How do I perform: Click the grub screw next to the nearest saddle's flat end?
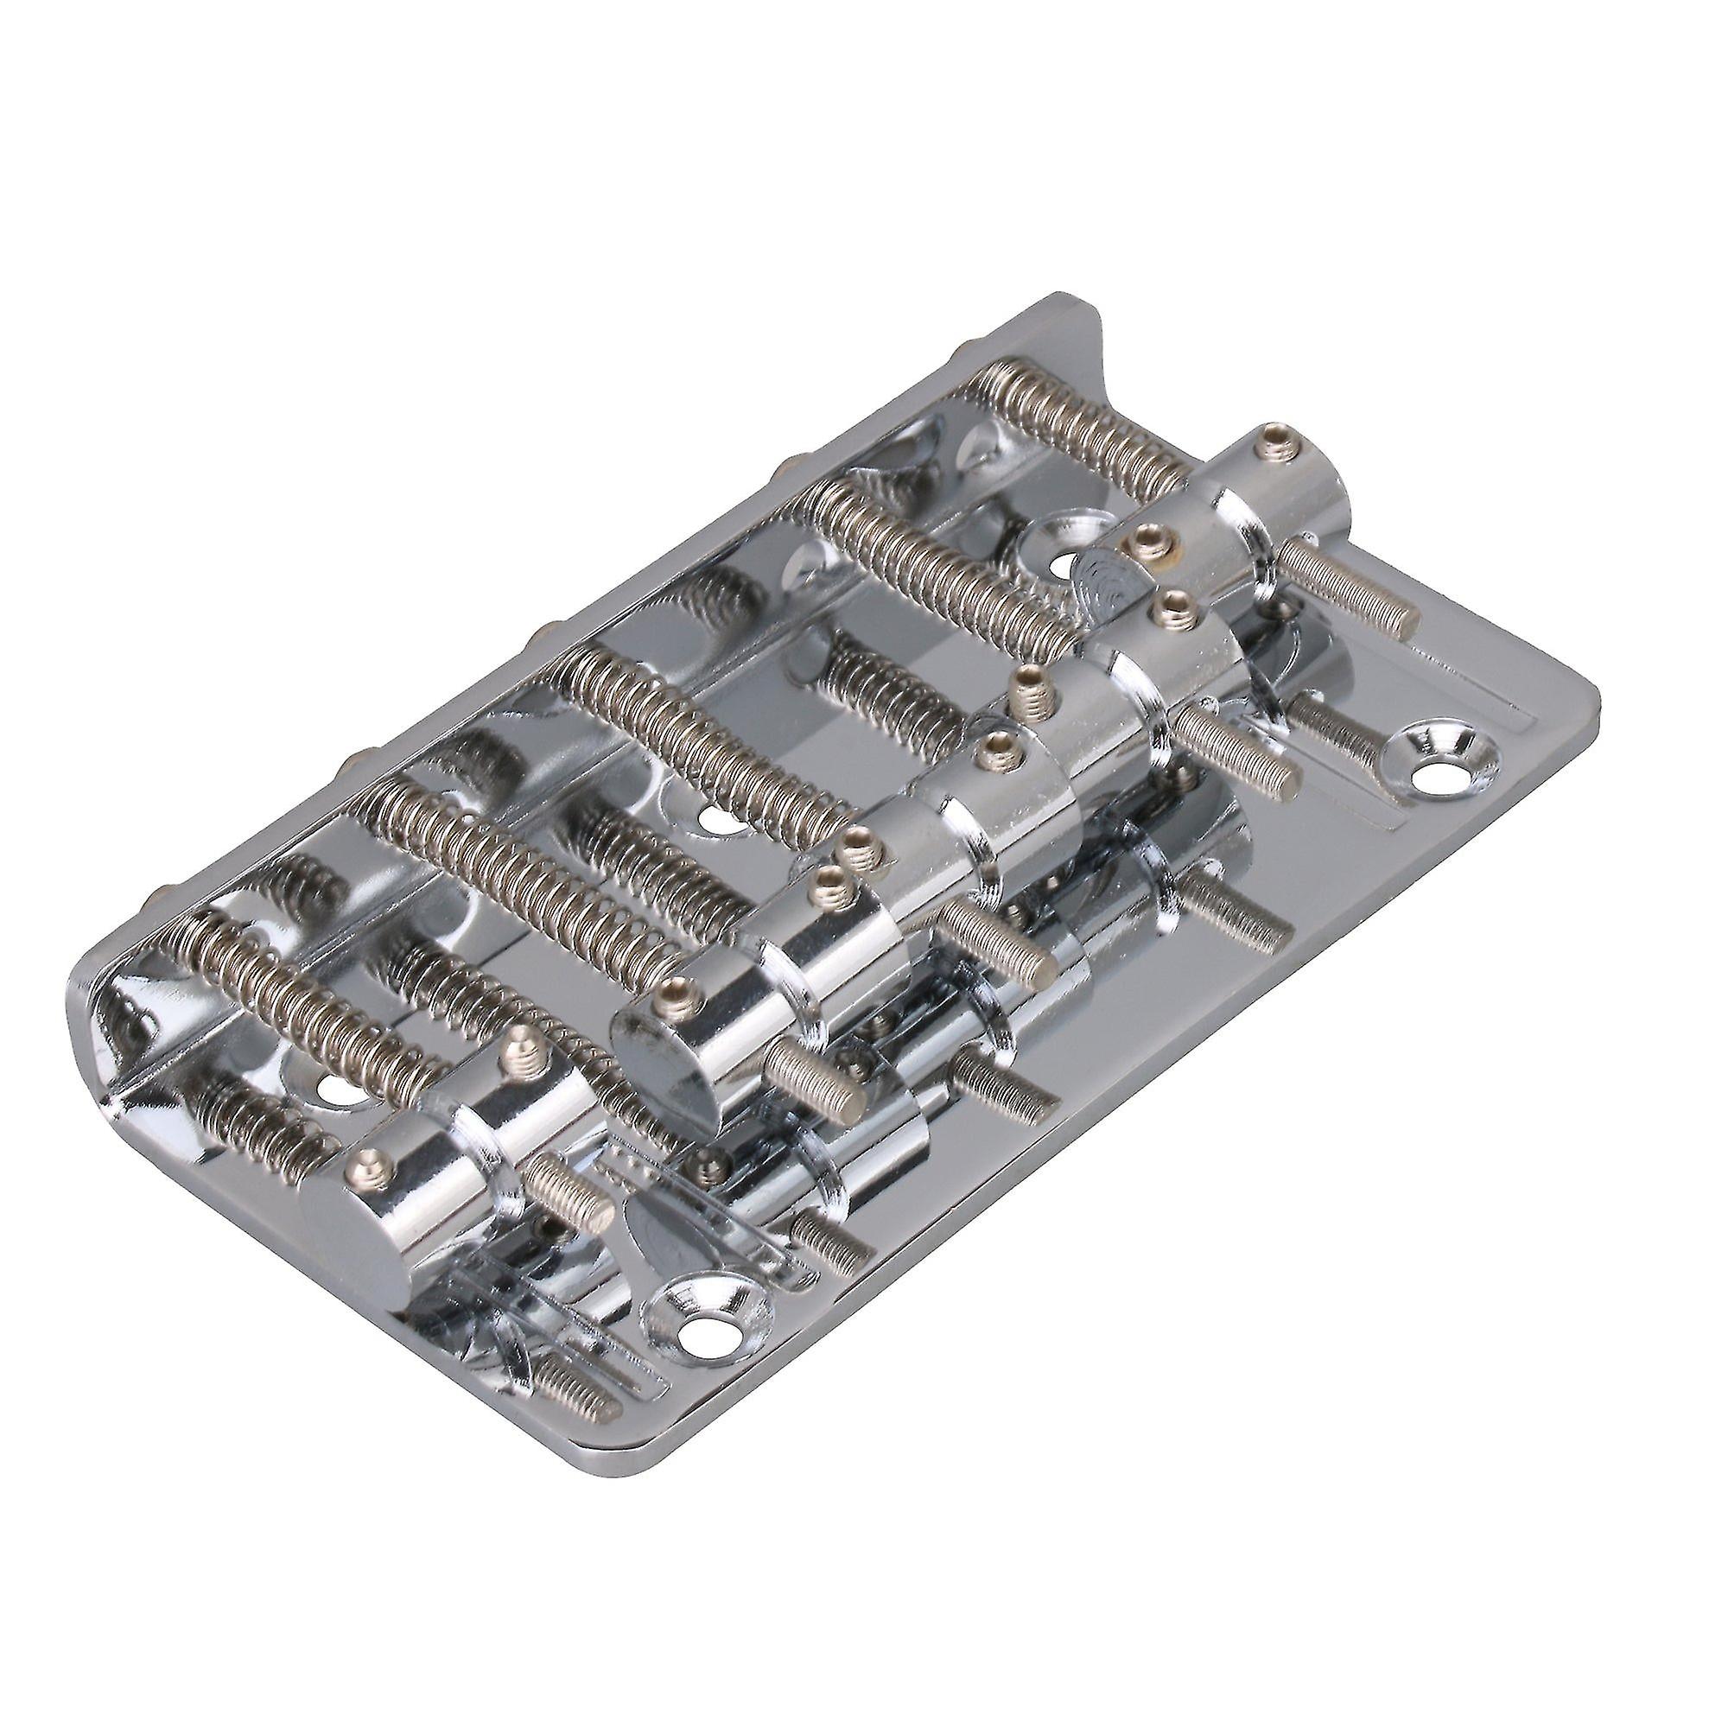pyautogui.click(x=367, y=1163)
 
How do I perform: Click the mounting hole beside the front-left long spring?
pyautogui.click(x=332, y=1088)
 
